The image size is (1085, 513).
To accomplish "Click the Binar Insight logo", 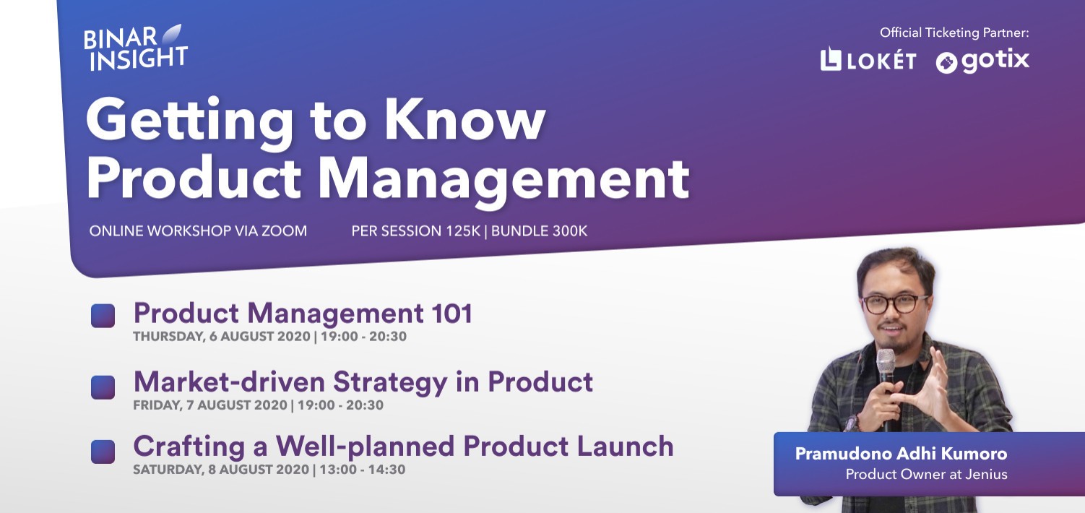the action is click(136, 48).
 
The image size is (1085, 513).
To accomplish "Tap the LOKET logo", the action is click(868, 59).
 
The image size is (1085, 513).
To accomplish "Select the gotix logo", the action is click(982, 61).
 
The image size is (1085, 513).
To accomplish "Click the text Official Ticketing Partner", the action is click(954, 33).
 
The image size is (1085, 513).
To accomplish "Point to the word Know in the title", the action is click(465, 119).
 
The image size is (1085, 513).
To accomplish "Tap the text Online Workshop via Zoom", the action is click(198, 230).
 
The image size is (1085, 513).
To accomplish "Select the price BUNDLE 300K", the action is click(539, 230).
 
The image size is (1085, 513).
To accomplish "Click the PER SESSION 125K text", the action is click(415, 230).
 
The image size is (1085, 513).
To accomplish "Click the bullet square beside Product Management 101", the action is click(103, 316).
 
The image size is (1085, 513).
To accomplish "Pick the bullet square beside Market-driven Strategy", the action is click(103, 387).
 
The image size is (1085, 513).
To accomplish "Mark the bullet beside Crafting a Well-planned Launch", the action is click(103, 452).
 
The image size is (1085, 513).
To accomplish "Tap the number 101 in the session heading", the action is click(452, 313).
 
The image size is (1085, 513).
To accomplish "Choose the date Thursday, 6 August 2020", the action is click(221, 336).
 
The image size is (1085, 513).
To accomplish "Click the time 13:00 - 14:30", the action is click(363, 470).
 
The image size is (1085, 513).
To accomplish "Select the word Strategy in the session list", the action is click(390, 383).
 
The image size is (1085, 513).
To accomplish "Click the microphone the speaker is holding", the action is click(887, 387).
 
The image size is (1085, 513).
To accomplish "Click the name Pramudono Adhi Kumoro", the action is click(901, 454).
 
